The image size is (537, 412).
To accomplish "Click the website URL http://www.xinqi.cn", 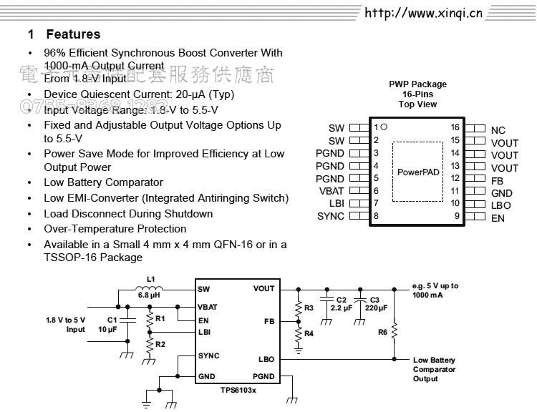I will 423,13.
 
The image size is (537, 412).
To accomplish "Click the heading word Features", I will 73,34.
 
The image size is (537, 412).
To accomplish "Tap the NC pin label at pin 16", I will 498,130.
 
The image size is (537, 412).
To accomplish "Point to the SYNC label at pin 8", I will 331,217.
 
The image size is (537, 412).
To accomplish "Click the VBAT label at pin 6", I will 332,191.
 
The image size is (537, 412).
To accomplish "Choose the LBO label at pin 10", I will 501,205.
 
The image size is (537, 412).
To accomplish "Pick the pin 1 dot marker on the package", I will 384,127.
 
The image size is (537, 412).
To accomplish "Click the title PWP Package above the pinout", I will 417,84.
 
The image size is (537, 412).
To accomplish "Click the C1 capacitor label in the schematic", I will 112,320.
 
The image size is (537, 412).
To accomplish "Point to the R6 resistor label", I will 382,332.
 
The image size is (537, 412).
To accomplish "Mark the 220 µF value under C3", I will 377,308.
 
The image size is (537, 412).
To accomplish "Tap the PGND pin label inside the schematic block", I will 263,376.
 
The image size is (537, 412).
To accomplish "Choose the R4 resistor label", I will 309,333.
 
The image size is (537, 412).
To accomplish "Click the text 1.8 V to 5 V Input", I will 66,325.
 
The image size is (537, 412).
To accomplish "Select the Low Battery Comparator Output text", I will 434,370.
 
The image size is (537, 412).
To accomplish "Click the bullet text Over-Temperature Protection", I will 115,229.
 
